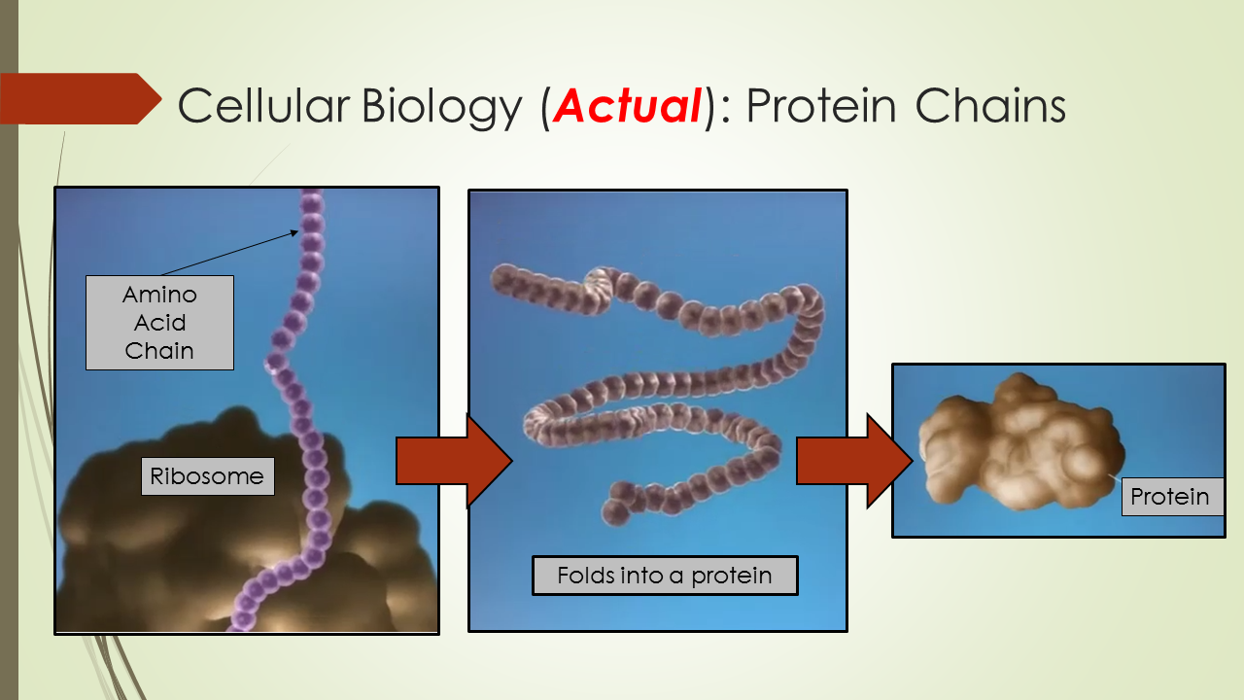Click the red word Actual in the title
point(628,106)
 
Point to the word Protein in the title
point(821,106)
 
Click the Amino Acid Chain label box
point(159,323)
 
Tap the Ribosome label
point(207,476)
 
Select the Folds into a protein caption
point(665,576)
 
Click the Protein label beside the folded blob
point(1170,497)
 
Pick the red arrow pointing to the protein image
point(854,461)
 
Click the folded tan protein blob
point(1020,442)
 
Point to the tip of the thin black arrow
point(298,230)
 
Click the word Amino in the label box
point(159,295)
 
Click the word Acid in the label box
point(159,323)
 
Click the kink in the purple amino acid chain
point(276,364)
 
